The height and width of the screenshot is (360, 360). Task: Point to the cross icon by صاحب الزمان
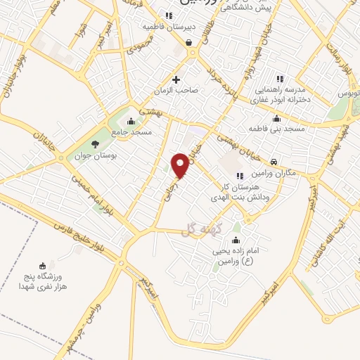point(176,79)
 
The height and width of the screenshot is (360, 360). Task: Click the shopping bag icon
point(189,42)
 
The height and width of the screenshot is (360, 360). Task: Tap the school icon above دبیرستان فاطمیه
point(168,15)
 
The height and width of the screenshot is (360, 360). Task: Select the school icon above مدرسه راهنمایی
point(281,79)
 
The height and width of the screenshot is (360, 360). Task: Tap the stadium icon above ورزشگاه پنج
point(43,266)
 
